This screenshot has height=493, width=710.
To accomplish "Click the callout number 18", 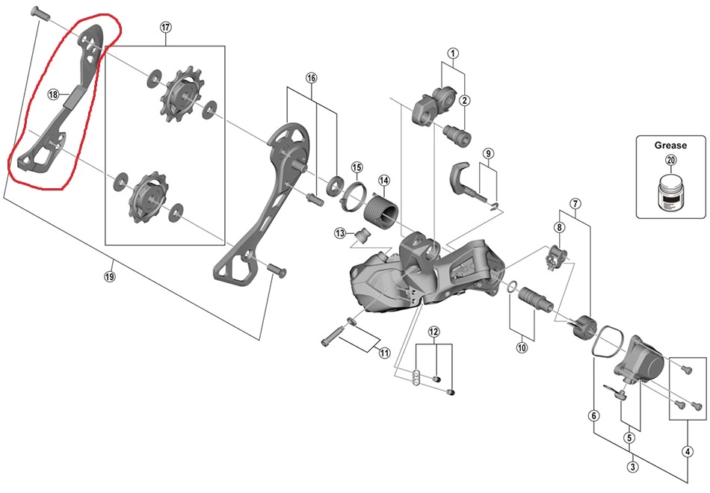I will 53,94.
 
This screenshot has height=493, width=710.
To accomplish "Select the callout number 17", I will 165,27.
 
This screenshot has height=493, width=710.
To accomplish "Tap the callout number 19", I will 110,276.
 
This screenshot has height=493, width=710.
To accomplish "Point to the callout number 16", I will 312,78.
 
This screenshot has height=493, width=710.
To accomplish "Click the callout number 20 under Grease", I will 670,160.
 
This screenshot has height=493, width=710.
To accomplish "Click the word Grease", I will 670,146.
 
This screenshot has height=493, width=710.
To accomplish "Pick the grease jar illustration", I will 670,193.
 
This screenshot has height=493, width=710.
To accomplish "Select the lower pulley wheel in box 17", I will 146,196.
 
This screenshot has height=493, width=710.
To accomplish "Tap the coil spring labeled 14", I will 380,208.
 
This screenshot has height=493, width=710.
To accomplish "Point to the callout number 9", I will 488,155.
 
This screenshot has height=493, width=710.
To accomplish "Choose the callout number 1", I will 453,53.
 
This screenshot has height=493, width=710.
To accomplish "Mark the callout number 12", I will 434,331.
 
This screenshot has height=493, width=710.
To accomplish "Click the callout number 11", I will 384,353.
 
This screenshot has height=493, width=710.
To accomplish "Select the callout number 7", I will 575,203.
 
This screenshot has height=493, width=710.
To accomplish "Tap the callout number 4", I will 687,451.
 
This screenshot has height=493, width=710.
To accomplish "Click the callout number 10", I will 521,347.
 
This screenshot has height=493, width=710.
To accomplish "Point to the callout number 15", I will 356,167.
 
